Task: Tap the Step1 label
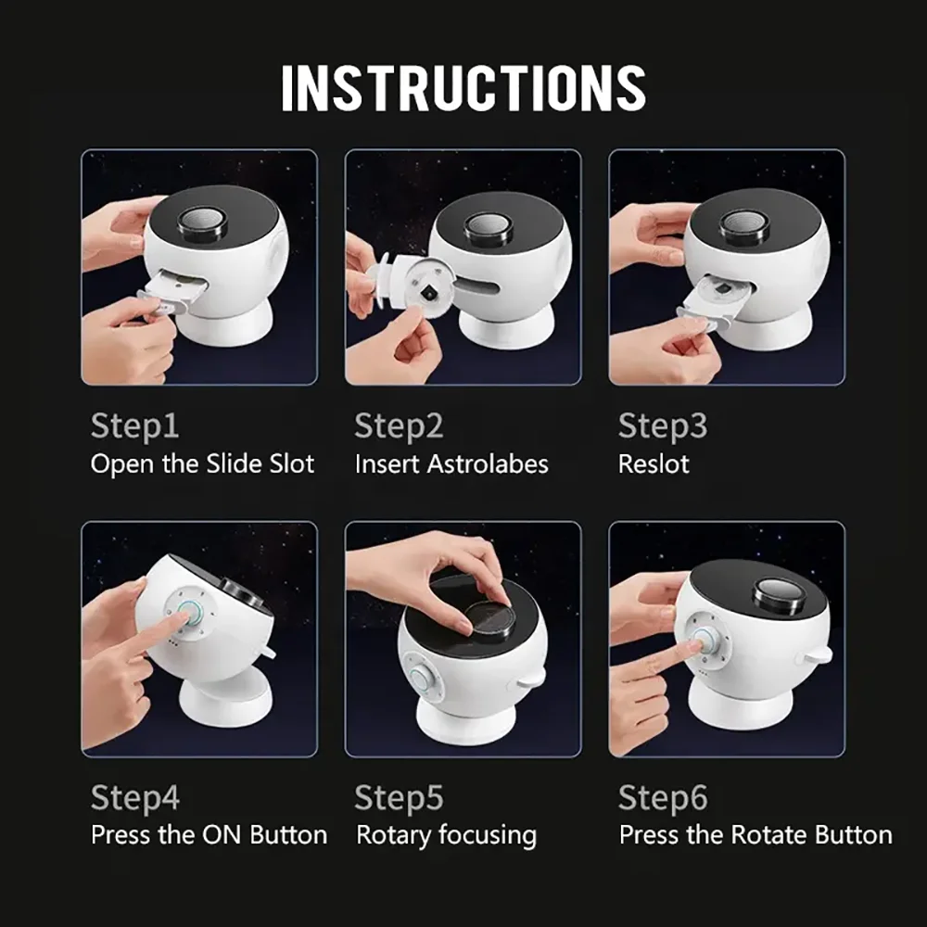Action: tap(134, 426)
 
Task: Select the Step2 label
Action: tap(399, 426)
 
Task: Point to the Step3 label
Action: tap(663, 426)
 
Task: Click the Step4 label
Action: tap(135, 797)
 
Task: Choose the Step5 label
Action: tap(399, 797)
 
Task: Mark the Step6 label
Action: tap(663, 797)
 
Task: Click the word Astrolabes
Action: tap(489, 464)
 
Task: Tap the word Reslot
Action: tap(654, 464)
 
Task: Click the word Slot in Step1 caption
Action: tap(292, 464)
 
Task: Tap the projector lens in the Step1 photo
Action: tap(202, 222)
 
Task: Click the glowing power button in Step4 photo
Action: tap(189, 616)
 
